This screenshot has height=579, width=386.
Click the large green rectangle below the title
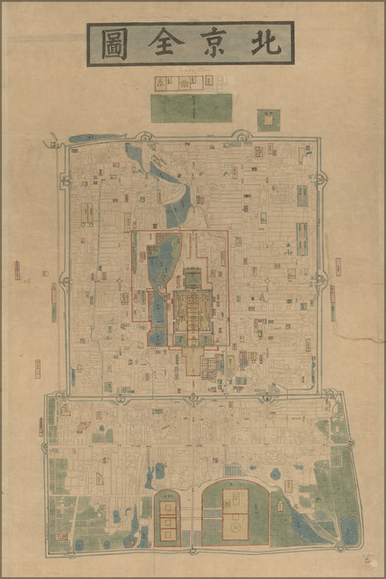(191, 108)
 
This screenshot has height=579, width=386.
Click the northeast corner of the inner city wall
(318, 143)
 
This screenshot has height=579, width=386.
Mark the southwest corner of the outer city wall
(50, 548)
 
